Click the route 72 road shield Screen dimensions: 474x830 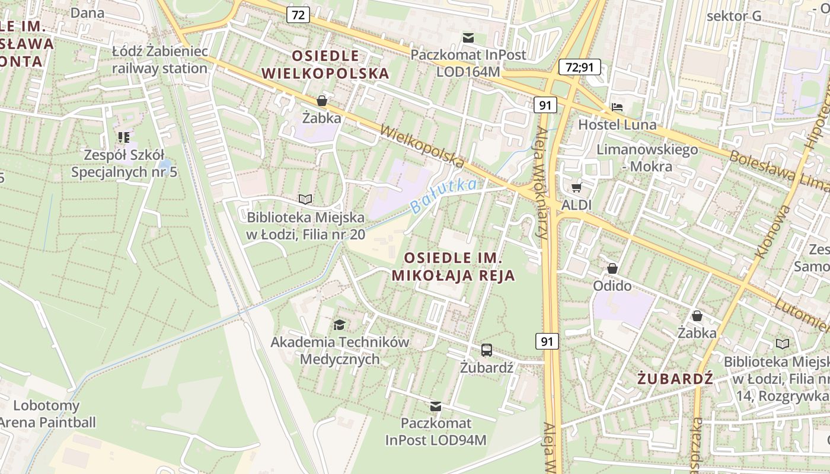[298, 15]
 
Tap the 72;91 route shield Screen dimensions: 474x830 [579, 67]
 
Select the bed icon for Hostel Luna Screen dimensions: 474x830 [617, 108]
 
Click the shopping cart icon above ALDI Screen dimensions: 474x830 [576, 188]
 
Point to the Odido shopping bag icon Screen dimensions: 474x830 [612, 268]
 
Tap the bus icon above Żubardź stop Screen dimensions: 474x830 [486, 350]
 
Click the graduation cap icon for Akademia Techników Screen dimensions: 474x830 [339, 324]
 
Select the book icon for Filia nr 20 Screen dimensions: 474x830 [305, 199]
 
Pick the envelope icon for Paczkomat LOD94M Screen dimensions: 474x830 [436, 406]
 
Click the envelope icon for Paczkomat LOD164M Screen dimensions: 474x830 [468, 38]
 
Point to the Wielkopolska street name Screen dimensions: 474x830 [422, 145]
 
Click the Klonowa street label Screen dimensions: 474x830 [771, 231]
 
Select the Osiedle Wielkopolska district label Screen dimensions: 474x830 [325, 65]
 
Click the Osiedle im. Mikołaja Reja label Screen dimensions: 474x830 [454, 267]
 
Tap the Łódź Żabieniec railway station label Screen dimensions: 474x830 [160, 59]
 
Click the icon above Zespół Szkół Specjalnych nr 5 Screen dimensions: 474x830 [123, 137]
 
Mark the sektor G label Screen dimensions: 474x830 [734, 16]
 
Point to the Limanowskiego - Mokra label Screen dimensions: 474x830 [647, 158]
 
